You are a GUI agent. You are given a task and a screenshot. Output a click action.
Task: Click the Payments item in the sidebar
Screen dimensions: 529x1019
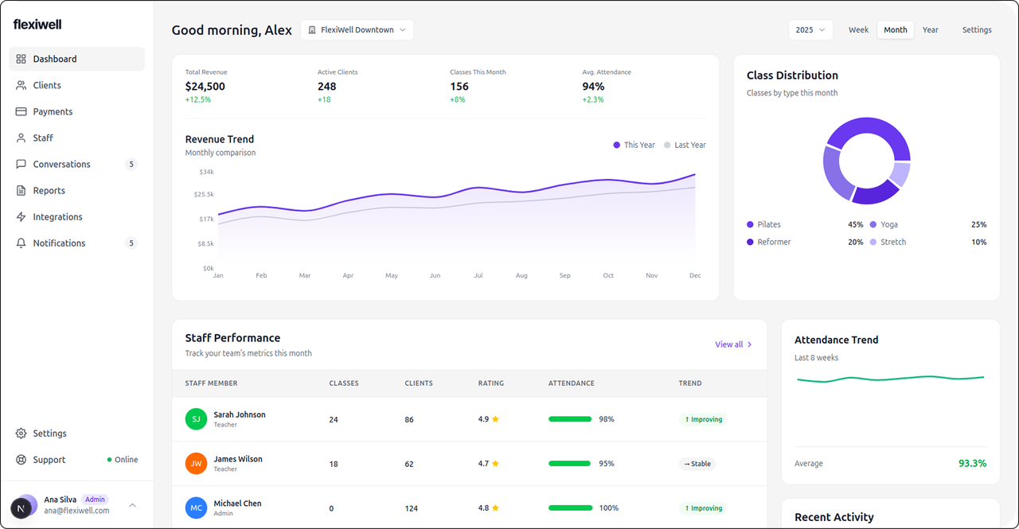[x=53, y=111]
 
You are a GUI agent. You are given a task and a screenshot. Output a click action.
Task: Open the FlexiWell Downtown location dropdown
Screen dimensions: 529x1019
[x=357, y=30]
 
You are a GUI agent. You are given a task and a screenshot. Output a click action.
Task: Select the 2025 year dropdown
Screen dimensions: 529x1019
[x=810, y=30]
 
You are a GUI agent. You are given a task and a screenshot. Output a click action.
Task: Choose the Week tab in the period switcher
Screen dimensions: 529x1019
[x=858, y=30]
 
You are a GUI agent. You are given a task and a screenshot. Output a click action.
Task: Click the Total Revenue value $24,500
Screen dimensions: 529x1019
[x=205, y=87]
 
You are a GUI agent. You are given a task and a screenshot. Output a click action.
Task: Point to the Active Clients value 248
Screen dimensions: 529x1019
[x=326, y=87]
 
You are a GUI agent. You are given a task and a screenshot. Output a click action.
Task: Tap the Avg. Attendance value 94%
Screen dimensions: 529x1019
[x=593, y=87]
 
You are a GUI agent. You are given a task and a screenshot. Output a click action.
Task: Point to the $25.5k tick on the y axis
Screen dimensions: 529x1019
[x=204, y=194]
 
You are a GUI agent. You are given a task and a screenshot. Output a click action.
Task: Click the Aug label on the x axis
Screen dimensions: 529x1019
[x=521, y=275]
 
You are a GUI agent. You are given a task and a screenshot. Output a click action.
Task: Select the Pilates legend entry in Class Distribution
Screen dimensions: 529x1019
[x=768, y=224]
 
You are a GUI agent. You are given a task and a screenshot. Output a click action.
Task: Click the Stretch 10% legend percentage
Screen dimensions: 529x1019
[x=978, y=242]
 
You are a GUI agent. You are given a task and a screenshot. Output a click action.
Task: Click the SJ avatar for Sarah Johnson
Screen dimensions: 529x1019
[x=196, y=419]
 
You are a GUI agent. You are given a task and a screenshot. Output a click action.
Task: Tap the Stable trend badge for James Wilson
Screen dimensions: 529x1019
[x=697, y=464]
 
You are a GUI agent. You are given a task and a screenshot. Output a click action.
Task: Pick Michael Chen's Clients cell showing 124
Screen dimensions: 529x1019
[x=411, y=508]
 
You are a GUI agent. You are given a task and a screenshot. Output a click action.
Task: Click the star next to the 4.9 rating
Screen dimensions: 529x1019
[x=495, y=419]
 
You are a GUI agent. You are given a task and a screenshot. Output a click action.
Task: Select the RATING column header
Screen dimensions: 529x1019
[x=490, y=383]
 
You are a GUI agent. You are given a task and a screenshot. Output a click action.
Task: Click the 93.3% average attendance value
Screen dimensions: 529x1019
[x=972, y=463]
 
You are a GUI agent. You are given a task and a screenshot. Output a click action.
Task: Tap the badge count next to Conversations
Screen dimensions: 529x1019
[x=131, y=164]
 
